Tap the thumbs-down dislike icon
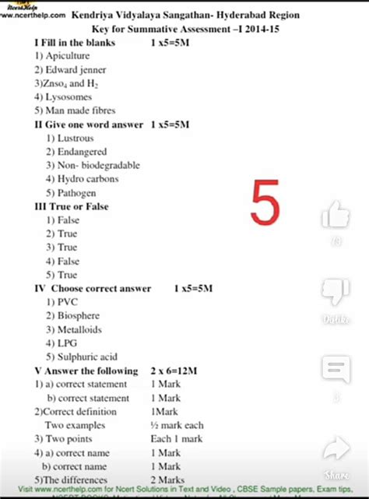click(336, 293)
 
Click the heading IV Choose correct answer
click(91, 288)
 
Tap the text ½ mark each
click(177, 425)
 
